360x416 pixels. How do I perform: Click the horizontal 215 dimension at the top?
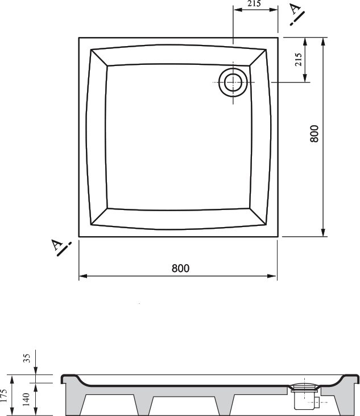tap(254, 3)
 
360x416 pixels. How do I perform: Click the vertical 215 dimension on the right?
tap(298, 59)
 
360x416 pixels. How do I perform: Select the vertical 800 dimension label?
tap(314, 134)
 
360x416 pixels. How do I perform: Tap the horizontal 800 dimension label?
tap(180, 268)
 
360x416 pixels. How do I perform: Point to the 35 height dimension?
tap(27, 358)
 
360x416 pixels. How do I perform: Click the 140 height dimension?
tap(26, 399)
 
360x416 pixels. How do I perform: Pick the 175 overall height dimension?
tap(3, 396)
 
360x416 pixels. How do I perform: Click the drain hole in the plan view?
tap(233, 83)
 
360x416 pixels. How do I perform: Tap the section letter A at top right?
tap(295, 9)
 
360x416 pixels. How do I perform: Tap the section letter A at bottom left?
tap(56, 245)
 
